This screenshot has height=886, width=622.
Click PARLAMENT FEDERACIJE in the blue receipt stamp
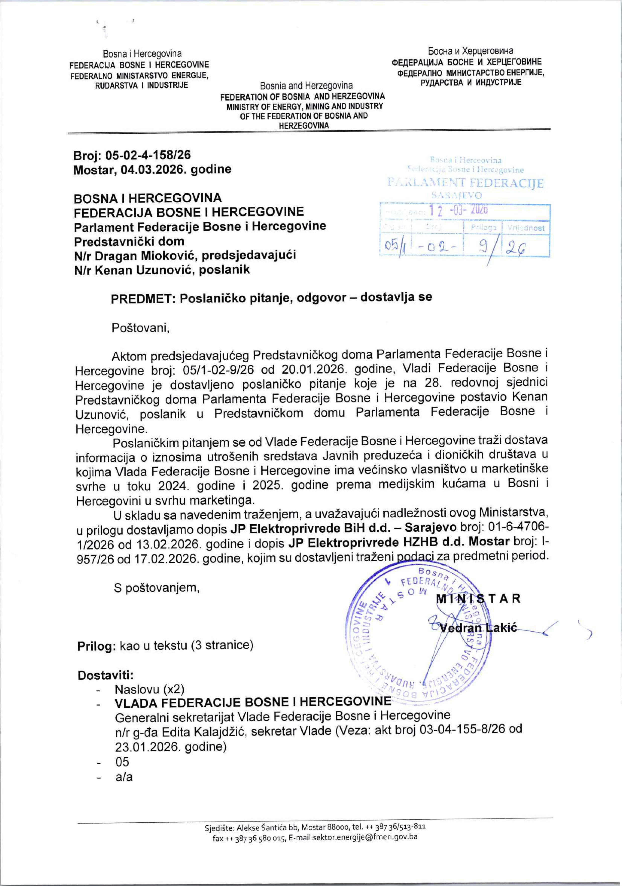466,183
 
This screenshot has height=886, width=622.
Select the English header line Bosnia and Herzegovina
306,85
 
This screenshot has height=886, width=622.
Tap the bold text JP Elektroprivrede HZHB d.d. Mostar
399,542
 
